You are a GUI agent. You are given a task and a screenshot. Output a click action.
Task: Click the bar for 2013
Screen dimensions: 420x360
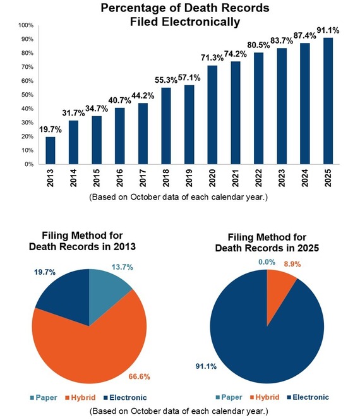point(50,150)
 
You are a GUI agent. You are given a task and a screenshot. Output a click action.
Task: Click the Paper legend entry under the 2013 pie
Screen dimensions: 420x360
point(43,397)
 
